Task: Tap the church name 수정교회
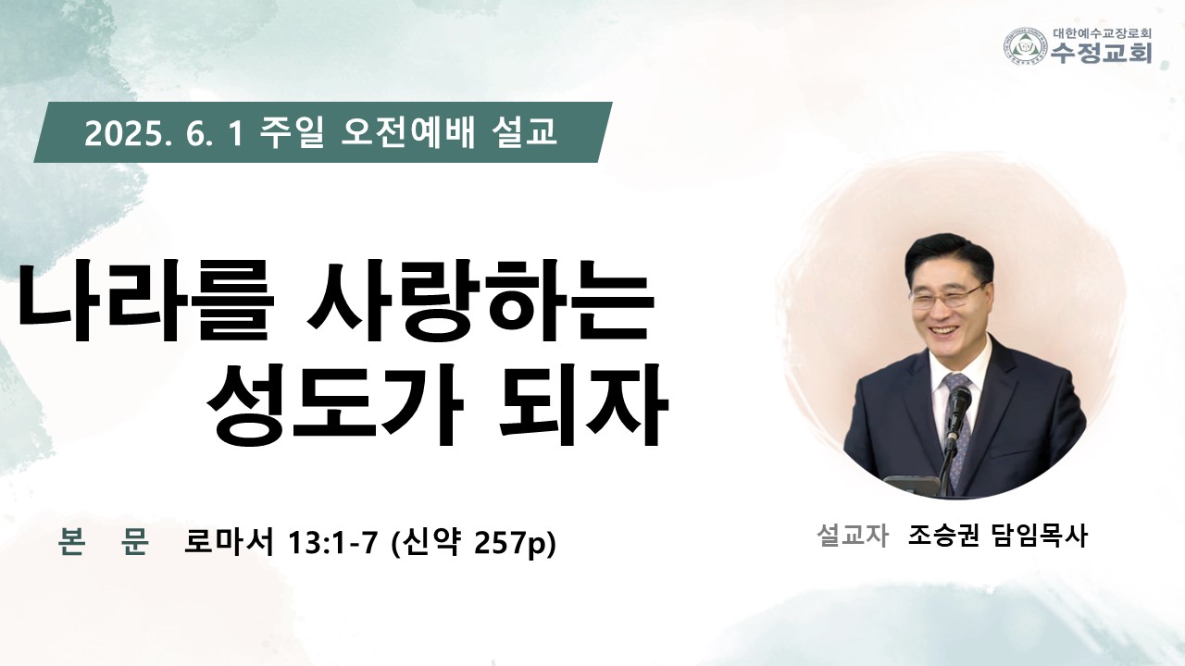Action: coord(1102,53)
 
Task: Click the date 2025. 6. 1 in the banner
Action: coord(164,133)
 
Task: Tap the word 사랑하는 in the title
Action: coord(480,302)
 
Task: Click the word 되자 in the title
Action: coord(584,405)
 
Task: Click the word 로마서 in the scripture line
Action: coord(229,542)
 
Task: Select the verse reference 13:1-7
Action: coord(331,542)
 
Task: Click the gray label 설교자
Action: coord(853,536)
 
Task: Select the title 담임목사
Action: coord(1039,536)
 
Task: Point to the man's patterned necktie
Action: coord(957,423)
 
